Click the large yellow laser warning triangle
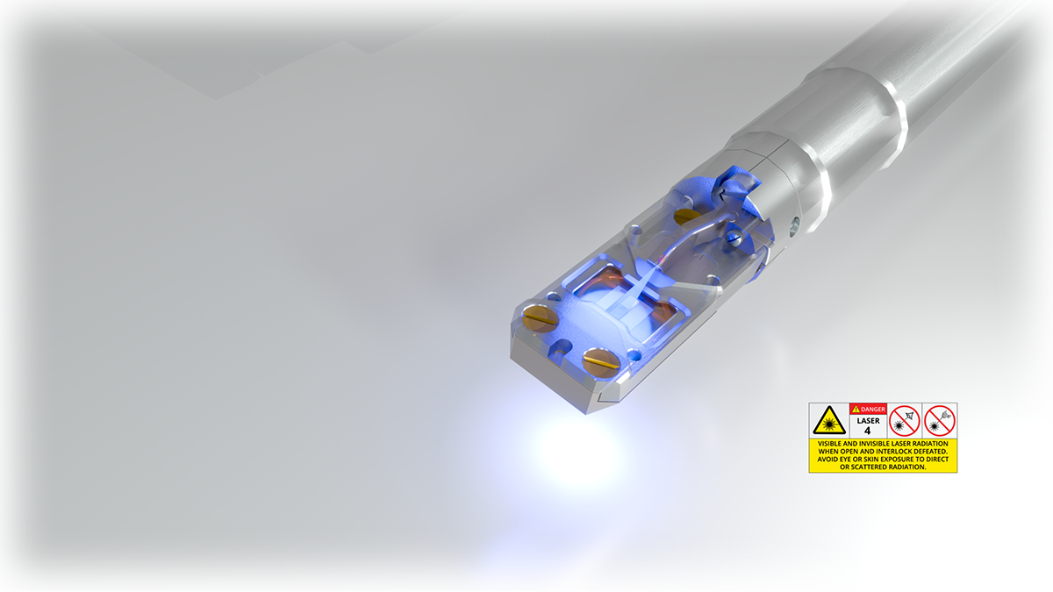pyautogui.click(x=829, y=420)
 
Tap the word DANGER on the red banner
pyautogui.click(x=873, y=410)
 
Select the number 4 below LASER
pyautogui.click(x=868, y=431)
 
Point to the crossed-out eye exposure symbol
pyautogui.click(x=904, y=420)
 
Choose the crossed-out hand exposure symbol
pyautogui.click(x=939, y=420)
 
